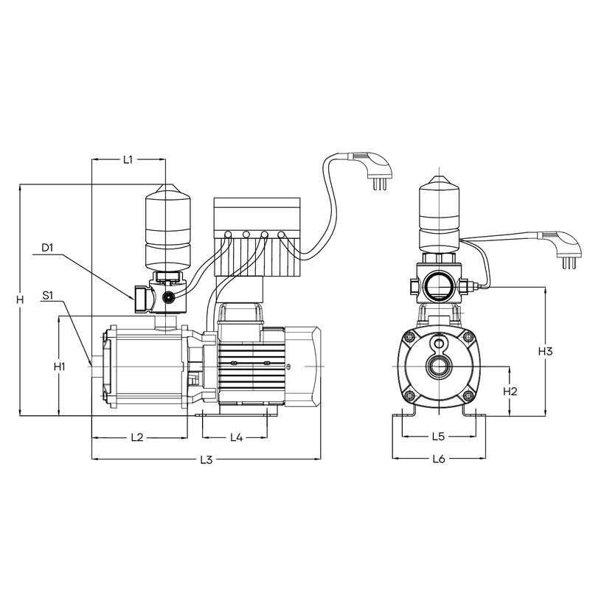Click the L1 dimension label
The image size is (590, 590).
(128, 159)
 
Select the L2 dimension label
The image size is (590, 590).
(137, 437)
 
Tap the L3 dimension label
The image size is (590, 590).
(206, 459)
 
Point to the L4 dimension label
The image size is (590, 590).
(236, 437)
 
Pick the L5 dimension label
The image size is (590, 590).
(438, 437)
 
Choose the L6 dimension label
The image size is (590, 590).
(439, 459)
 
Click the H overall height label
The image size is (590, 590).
(21, 300)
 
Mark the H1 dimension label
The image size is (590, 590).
(60, 366)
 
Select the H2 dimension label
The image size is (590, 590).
(510, 392)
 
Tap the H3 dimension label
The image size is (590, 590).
(545, 352)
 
